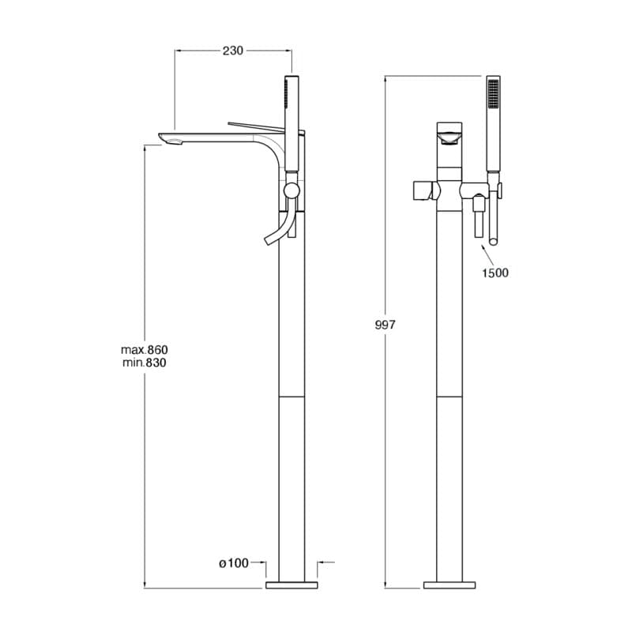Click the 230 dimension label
coord(233,51)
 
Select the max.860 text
coord(145,349)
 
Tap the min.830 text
coord(145,363)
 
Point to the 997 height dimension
coord(385,325)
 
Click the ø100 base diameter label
coord(234,563)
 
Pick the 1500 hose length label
coord(495,273)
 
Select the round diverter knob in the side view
coord(292,190)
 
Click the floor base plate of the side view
coord(292,585)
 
